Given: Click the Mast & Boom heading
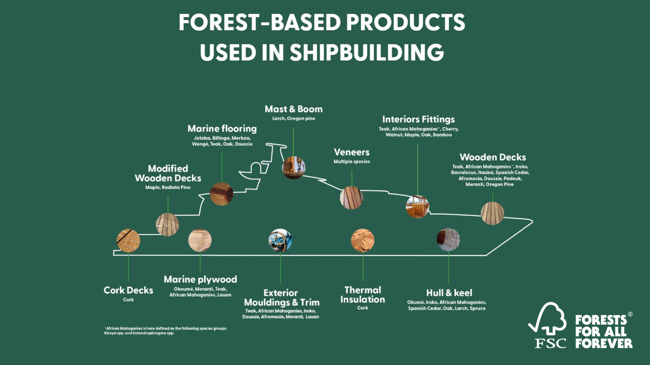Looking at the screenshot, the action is (294, 109).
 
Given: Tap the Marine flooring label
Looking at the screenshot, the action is (222, 129).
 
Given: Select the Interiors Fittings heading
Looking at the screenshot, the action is (418, 119).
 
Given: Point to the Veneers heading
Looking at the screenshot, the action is (352, 152).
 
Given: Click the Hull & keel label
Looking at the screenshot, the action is (449, 293).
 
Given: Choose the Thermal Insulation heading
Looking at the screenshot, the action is (363, 295).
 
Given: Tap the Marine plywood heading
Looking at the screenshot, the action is (200, 279).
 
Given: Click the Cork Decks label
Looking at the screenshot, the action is (128, 290).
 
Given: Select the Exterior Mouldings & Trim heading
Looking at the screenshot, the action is (281, 297).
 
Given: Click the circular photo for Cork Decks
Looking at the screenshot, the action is (128, 241).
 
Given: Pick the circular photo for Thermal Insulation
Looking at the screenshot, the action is (363, 240).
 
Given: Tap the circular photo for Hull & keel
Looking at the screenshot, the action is (448, 239).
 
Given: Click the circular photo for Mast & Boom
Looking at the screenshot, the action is (294, 167).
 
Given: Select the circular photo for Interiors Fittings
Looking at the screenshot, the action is (417, 206).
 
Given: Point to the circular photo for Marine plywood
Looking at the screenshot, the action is (200, 240).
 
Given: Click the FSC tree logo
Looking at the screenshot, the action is (548, 325).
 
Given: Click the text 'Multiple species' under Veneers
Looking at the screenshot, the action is (352, 162).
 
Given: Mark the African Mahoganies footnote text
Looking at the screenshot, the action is (166, 330).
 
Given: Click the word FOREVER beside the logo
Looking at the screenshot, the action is (604, 343).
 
